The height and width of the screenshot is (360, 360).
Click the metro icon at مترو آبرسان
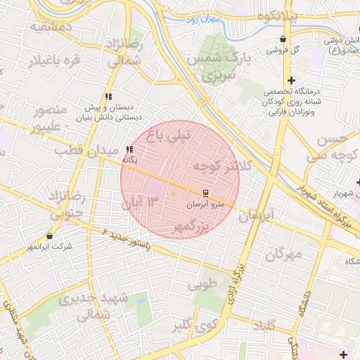(205, 192)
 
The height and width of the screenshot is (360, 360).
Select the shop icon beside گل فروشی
(283, 39)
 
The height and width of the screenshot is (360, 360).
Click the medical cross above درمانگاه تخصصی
(291, 80)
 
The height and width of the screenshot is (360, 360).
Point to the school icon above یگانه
(129, 149)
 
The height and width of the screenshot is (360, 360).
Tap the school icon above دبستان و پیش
(108, 96)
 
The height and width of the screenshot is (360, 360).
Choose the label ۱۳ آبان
(142, 204)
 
